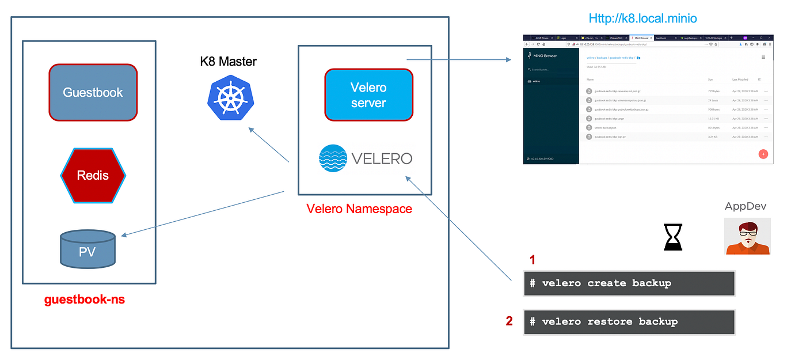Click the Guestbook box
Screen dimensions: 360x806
tap(93, 92)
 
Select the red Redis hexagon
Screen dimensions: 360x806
tap(93, 175)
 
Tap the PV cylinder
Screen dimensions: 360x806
tap(88, 249)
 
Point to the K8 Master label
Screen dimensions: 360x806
tap(229, 61)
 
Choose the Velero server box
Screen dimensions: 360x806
tap(368, 95)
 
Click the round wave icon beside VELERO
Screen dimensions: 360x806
tap(333, 158)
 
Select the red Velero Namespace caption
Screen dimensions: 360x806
tap(359, 209)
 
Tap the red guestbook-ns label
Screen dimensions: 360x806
tap(85, 300)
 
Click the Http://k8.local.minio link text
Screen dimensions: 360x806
tap(642, 18)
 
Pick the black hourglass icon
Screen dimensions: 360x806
tap(673, 237)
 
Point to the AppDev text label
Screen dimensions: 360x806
tap(746, 206)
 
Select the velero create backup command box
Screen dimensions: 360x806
tap(629, 283)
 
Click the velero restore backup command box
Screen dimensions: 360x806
tap(629, 322)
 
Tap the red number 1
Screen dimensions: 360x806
tap(532, 260)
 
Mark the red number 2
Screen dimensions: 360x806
tap(509, 321)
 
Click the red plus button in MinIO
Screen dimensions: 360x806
tap(763, 154)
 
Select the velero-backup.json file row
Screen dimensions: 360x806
tap(610, 127)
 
